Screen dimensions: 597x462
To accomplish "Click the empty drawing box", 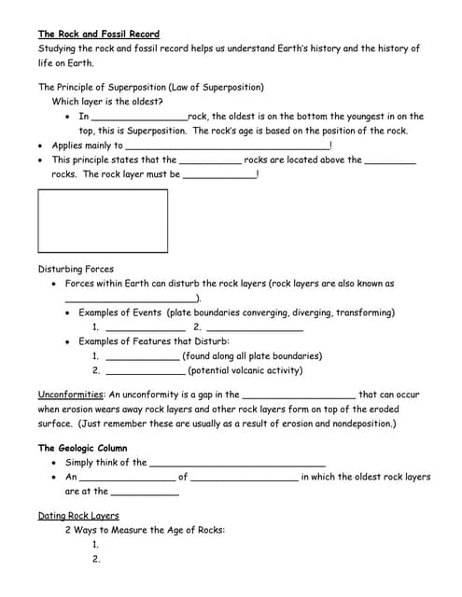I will point(103,221).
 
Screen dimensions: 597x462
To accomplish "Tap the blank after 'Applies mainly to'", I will point(227,146).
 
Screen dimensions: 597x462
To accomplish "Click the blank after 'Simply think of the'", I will point(237,463).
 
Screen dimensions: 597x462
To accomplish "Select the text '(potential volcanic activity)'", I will point(245,370).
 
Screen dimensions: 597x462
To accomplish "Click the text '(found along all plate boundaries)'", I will point(252,355).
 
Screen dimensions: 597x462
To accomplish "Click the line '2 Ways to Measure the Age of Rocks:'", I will point(145,530).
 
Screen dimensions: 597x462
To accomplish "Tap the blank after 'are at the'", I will point(145,492).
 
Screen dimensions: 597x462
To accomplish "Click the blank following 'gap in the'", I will point(299,395).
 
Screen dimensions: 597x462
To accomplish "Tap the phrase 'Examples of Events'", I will point(120,312).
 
